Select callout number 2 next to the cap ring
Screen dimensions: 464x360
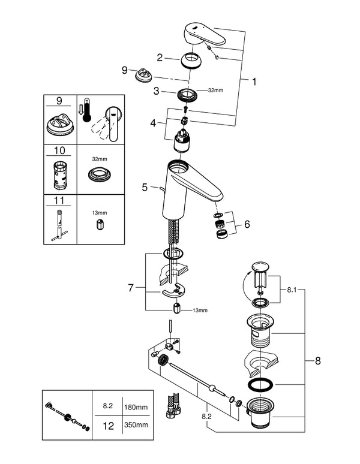coord(160,58)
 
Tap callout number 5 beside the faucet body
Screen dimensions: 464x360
coord(145,188)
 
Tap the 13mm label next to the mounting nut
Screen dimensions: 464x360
coord(200,310)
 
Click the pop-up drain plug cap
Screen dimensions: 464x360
coord(260,266)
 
